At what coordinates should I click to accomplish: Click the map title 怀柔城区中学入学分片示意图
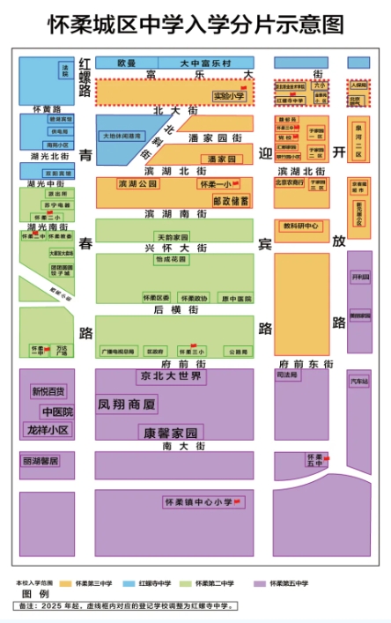[195, 25]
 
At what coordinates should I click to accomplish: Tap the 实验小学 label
[229, 95]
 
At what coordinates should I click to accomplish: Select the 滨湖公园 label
[136, 184]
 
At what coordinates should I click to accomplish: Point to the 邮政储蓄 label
[231, 200]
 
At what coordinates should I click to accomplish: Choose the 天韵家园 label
[172, 237]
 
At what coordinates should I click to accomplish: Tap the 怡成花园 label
[169, 260]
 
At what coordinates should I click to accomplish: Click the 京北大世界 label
[171, 377]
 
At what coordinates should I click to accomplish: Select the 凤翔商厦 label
[128, 405]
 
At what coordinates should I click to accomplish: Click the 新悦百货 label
[48, 391]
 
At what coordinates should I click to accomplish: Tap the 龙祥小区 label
[48, 430]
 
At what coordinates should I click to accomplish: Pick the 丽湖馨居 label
[41, 461]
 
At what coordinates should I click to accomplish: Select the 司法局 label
[287, 375]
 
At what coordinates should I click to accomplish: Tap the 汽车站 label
[359, 382]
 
